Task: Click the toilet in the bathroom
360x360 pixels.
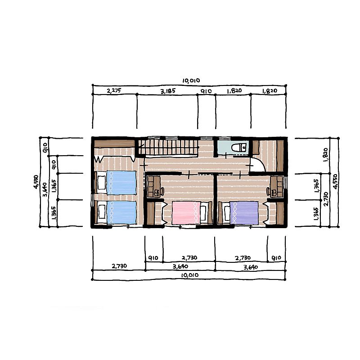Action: tap(239, 148)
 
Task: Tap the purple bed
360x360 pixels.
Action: tap(240, 213)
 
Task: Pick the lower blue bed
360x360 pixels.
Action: tap(116, 212)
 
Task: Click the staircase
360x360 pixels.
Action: tap(169, 147)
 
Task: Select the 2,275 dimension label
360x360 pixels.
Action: tap(114, 91)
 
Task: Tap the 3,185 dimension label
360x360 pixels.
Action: tap(168, 91)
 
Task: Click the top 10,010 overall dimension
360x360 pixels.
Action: tap(191, 81)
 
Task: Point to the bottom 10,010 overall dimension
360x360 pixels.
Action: tap(189, 275)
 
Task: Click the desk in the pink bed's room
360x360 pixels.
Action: tap(153, 186)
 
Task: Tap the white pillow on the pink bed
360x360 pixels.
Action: tap(203, 213)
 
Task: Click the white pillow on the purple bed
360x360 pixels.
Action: tap(227, 213)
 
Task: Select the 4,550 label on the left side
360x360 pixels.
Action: tap(36, 182)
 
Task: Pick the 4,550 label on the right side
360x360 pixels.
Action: tap(335, 181)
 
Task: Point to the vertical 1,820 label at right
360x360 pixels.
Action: tap(326, 155)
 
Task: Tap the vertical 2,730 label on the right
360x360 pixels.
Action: tap(326, 199)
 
